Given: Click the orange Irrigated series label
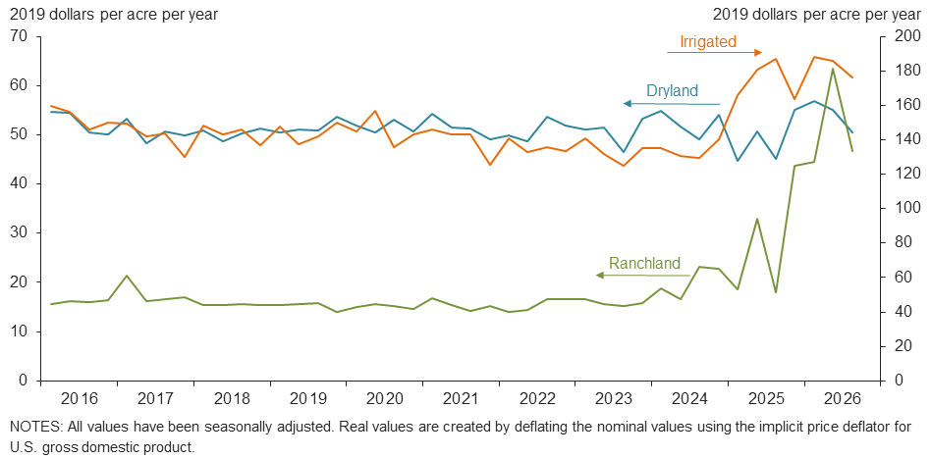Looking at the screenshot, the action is point(708,41).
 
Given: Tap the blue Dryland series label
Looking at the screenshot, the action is point(672,91).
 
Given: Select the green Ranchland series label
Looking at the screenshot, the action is point(645,263).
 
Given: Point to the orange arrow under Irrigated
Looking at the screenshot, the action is point(715,52).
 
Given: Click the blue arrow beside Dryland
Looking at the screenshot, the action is point(672,104).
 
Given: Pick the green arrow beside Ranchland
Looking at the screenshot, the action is point(643,276).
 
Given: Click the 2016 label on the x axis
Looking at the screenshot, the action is point(78,397).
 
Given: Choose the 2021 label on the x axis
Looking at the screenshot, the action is point(460,397).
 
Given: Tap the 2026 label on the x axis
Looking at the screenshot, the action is point(842,397).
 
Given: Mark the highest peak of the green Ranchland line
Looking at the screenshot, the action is point(833,69).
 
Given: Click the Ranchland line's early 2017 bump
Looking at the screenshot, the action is point(127,276).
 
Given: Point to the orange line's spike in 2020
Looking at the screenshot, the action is point(374,111).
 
